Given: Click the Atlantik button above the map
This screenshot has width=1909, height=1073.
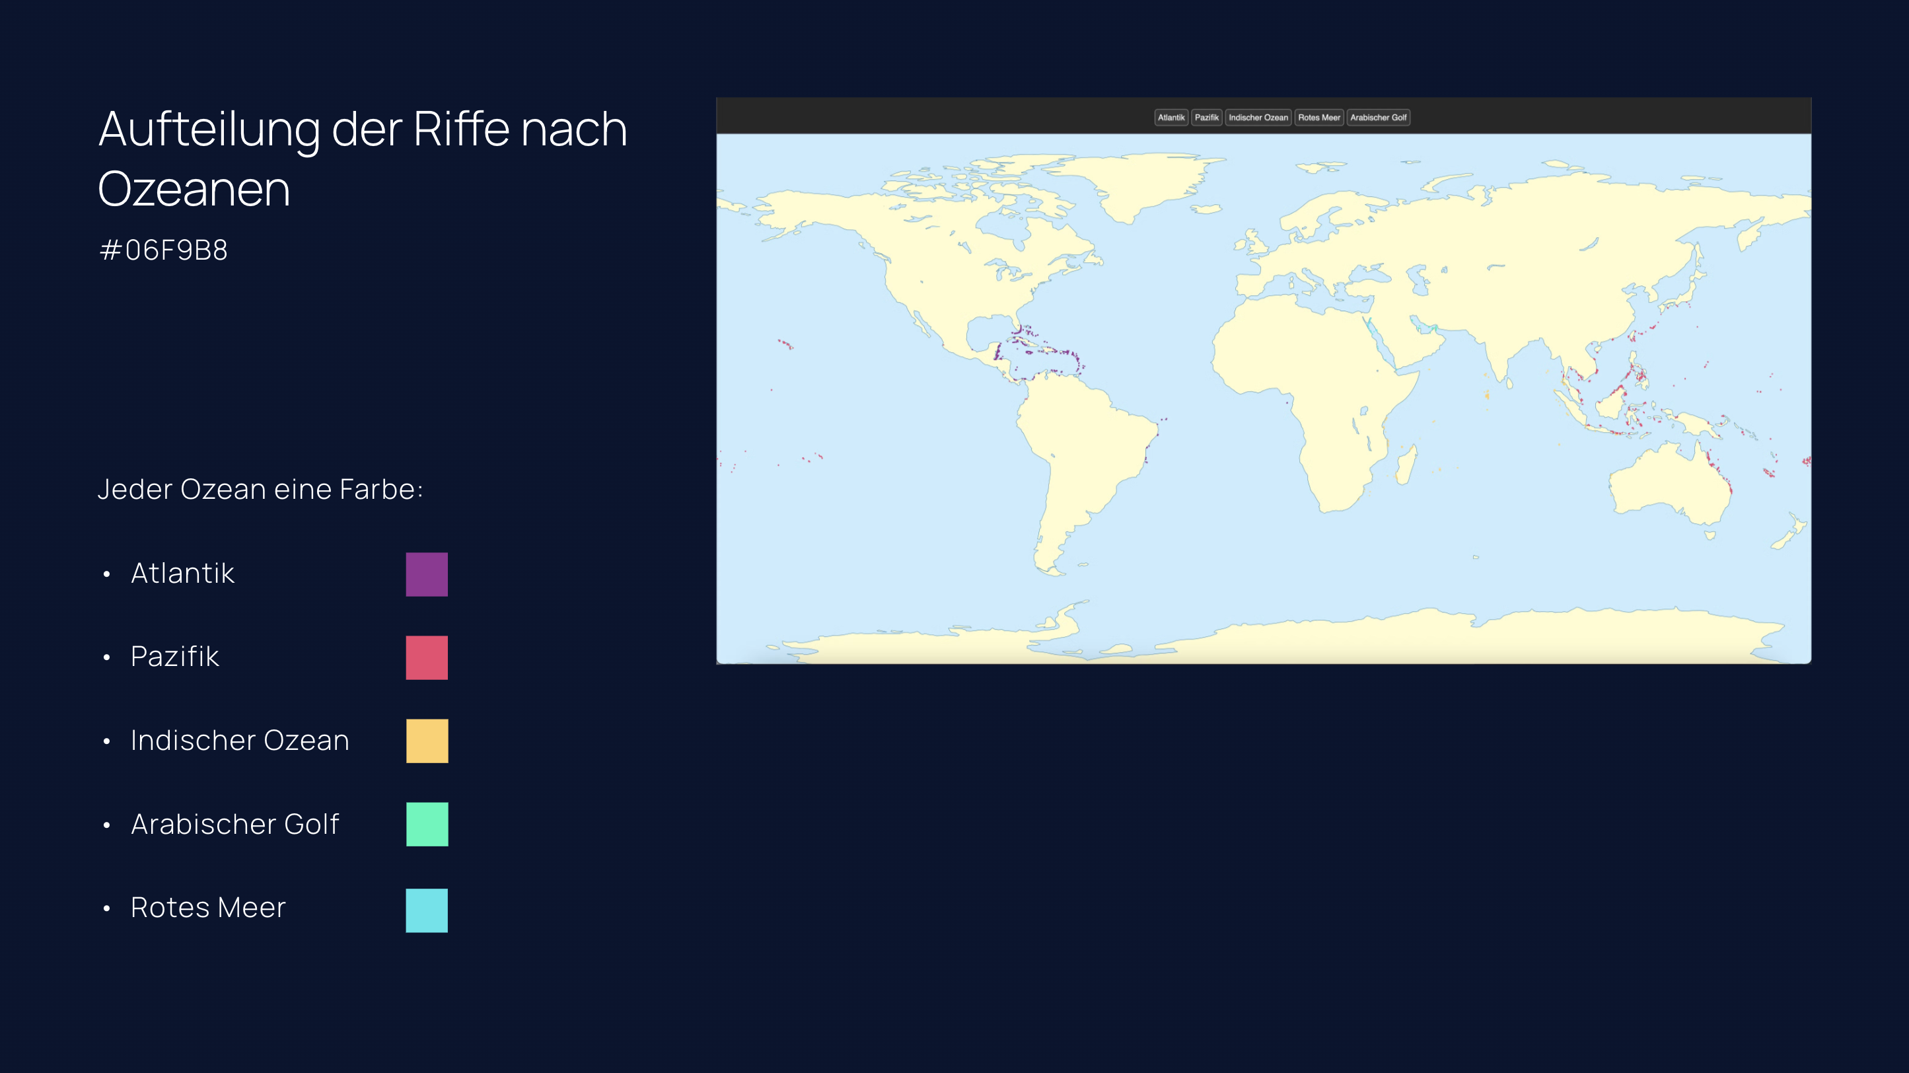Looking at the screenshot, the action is point(1171,117).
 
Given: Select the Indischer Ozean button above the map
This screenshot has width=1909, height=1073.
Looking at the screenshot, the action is point(1258,117).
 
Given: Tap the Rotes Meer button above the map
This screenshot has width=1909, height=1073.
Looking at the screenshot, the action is point(1318,117).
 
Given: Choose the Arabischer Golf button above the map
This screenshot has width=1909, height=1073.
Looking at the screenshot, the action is point(1378,117).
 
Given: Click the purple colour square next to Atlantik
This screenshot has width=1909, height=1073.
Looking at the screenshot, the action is point(427,574).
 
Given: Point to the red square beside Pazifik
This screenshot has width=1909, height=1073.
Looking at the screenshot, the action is point(427,657).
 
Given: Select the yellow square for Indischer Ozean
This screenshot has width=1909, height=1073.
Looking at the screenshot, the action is point(427,741).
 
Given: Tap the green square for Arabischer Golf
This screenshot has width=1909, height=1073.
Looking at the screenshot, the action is point(427,824).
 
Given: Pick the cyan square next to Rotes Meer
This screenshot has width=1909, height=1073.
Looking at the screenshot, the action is point(427,910).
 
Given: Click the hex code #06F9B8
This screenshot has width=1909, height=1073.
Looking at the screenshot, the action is point(163,250).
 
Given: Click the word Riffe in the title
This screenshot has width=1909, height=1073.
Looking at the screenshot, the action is point(462,129).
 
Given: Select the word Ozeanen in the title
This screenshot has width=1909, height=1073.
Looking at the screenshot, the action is point(194,189).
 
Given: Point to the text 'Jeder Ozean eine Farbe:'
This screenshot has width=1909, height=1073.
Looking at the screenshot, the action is point(260,490).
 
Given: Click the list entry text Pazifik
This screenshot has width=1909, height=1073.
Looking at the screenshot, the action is point(175,657).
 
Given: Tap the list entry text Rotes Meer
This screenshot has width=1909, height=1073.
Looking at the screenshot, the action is point(208,908).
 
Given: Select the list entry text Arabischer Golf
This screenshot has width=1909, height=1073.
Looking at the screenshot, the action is point(235,824).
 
